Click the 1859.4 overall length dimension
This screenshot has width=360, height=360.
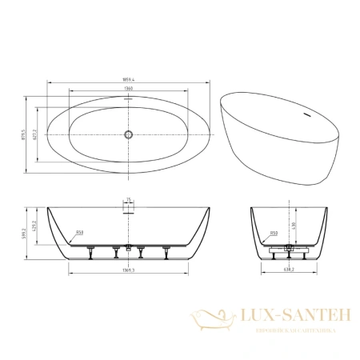[x=126, y=81]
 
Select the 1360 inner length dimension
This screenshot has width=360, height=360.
[x=126, y=90]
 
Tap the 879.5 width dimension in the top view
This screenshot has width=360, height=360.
[x=26, y=134]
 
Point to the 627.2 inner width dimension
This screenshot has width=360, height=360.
[x=35, y=134]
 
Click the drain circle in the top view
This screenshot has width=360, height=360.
[x=126, y=134]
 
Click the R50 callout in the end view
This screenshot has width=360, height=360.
[x=274, y=234]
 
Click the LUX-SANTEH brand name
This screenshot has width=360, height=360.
[x=289, y=317]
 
